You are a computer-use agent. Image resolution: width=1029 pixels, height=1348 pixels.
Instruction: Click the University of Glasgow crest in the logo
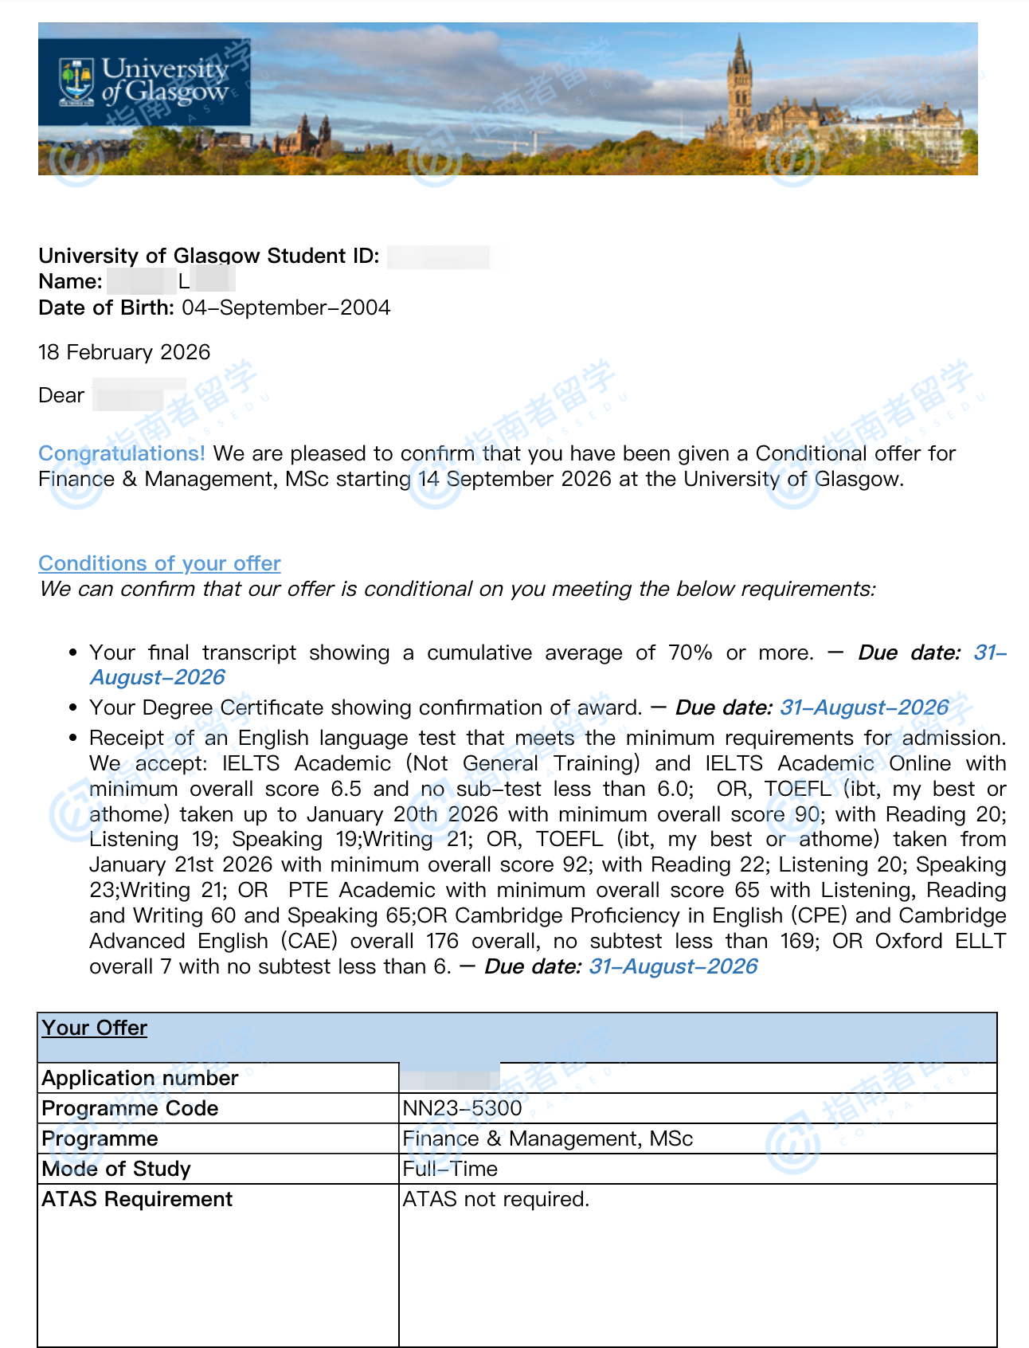click(x=76, y=81)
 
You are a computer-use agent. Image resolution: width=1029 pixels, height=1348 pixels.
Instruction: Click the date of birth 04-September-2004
click(x=286, y=308)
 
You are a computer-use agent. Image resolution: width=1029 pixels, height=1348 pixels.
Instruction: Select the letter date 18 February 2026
click(x=124, y=353)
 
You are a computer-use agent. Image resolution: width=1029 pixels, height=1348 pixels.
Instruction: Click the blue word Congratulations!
click(x=122, y=453)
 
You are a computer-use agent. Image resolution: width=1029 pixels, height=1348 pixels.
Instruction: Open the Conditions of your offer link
click(x=159, y=563)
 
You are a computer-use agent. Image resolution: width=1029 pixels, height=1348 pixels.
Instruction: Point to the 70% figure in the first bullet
click(x=690, y=653)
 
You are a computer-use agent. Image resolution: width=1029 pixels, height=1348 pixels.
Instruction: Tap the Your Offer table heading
click(x=94, y=1028)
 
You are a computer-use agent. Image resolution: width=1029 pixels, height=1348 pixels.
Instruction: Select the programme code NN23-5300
click(x=462, y=1108)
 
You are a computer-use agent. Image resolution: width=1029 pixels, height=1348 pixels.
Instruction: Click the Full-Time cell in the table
click(x=450, y=1169)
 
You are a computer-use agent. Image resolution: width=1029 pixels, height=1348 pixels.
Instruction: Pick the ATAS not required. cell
click(x=495, y=1199)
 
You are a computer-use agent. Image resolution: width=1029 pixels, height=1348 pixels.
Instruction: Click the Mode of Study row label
click(x=116, y=1169)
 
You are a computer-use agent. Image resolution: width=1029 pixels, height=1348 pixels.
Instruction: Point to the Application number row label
click(x=140, y=1078)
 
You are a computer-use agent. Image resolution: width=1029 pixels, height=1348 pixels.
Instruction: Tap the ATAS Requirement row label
click(x=137, y=1199)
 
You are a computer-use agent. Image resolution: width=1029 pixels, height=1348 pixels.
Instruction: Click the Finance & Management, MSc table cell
click(x=547, y=1138)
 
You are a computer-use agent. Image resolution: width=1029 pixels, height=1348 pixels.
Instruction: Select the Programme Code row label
click(x=130, y=1108)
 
